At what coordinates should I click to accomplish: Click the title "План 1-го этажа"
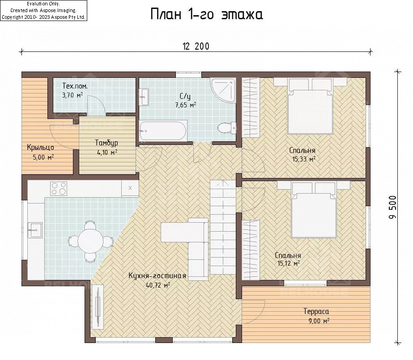(x=207, y=14)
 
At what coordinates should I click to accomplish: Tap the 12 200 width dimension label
(x=196, y=47)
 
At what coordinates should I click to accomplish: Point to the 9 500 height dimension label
(x=392, y=207)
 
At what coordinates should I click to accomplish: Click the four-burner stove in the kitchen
(x=59, y=189)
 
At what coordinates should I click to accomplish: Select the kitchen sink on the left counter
(x=35, y=230)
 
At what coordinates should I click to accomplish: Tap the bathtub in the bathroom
(x=163, y=131)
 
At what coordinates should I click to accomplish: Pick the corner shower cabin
(x=223, y=90)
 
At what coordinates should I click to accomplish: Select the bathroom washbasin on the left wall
(x=145, y=97)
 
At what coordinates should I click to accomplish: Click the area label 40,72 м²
(x=158, y=285)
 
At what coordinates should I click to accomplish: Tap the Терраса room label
(x=316, y=311)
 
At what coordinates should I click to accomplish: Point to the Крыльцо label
(x=40, y=148)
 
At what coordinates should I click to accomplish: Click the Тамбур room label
(x=106, y=143)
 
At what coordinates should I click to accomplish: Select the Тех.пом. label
(x=75, y=86)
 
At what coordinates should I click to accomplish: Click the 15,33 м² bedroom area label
(x=304, y=159)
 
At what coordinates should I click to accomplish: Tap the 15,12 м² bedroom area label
(x=289, y=263)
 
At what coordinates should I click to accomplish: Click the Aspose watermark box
(x=43, y=11)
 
